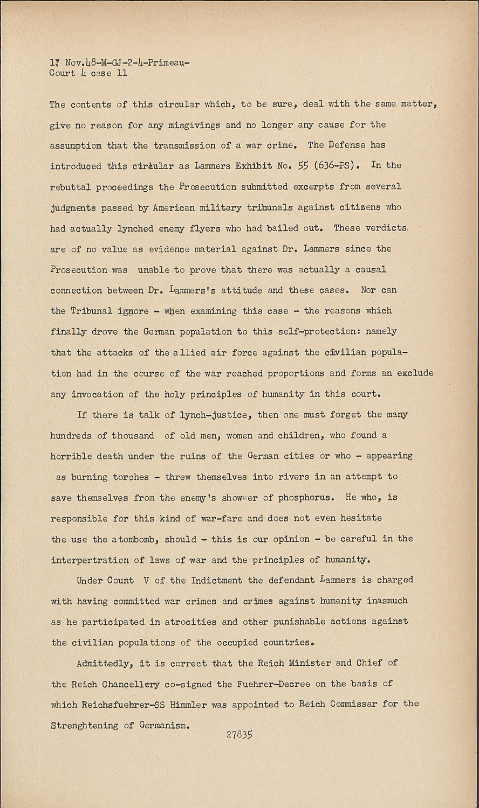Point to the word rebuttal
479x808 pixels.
[x=71, y=186]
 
